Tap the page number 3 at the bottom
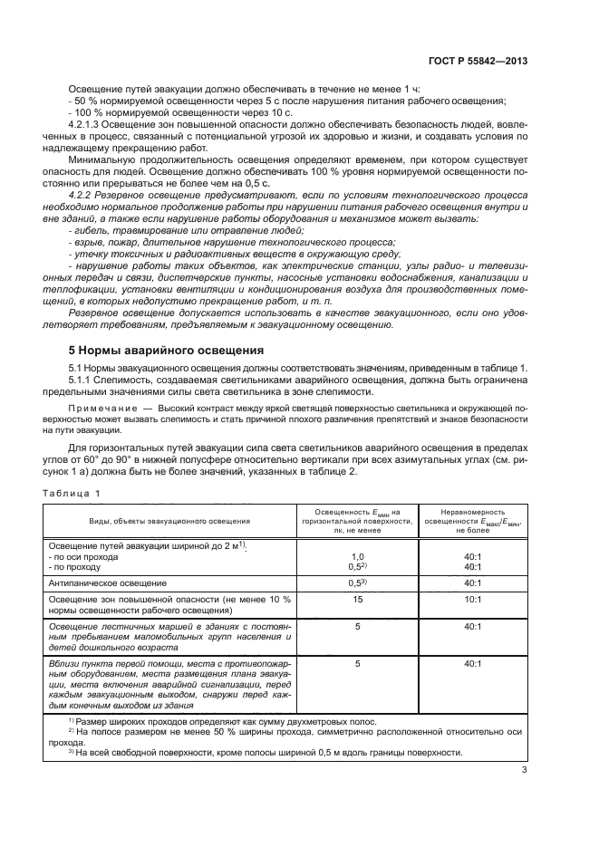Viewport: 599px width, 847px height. [x=525, y=771]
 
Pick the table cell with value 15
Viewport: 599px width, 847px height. [x=357, y=600]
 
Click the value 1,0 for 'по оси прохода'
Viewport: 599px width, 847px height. [x=357, y=556]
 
